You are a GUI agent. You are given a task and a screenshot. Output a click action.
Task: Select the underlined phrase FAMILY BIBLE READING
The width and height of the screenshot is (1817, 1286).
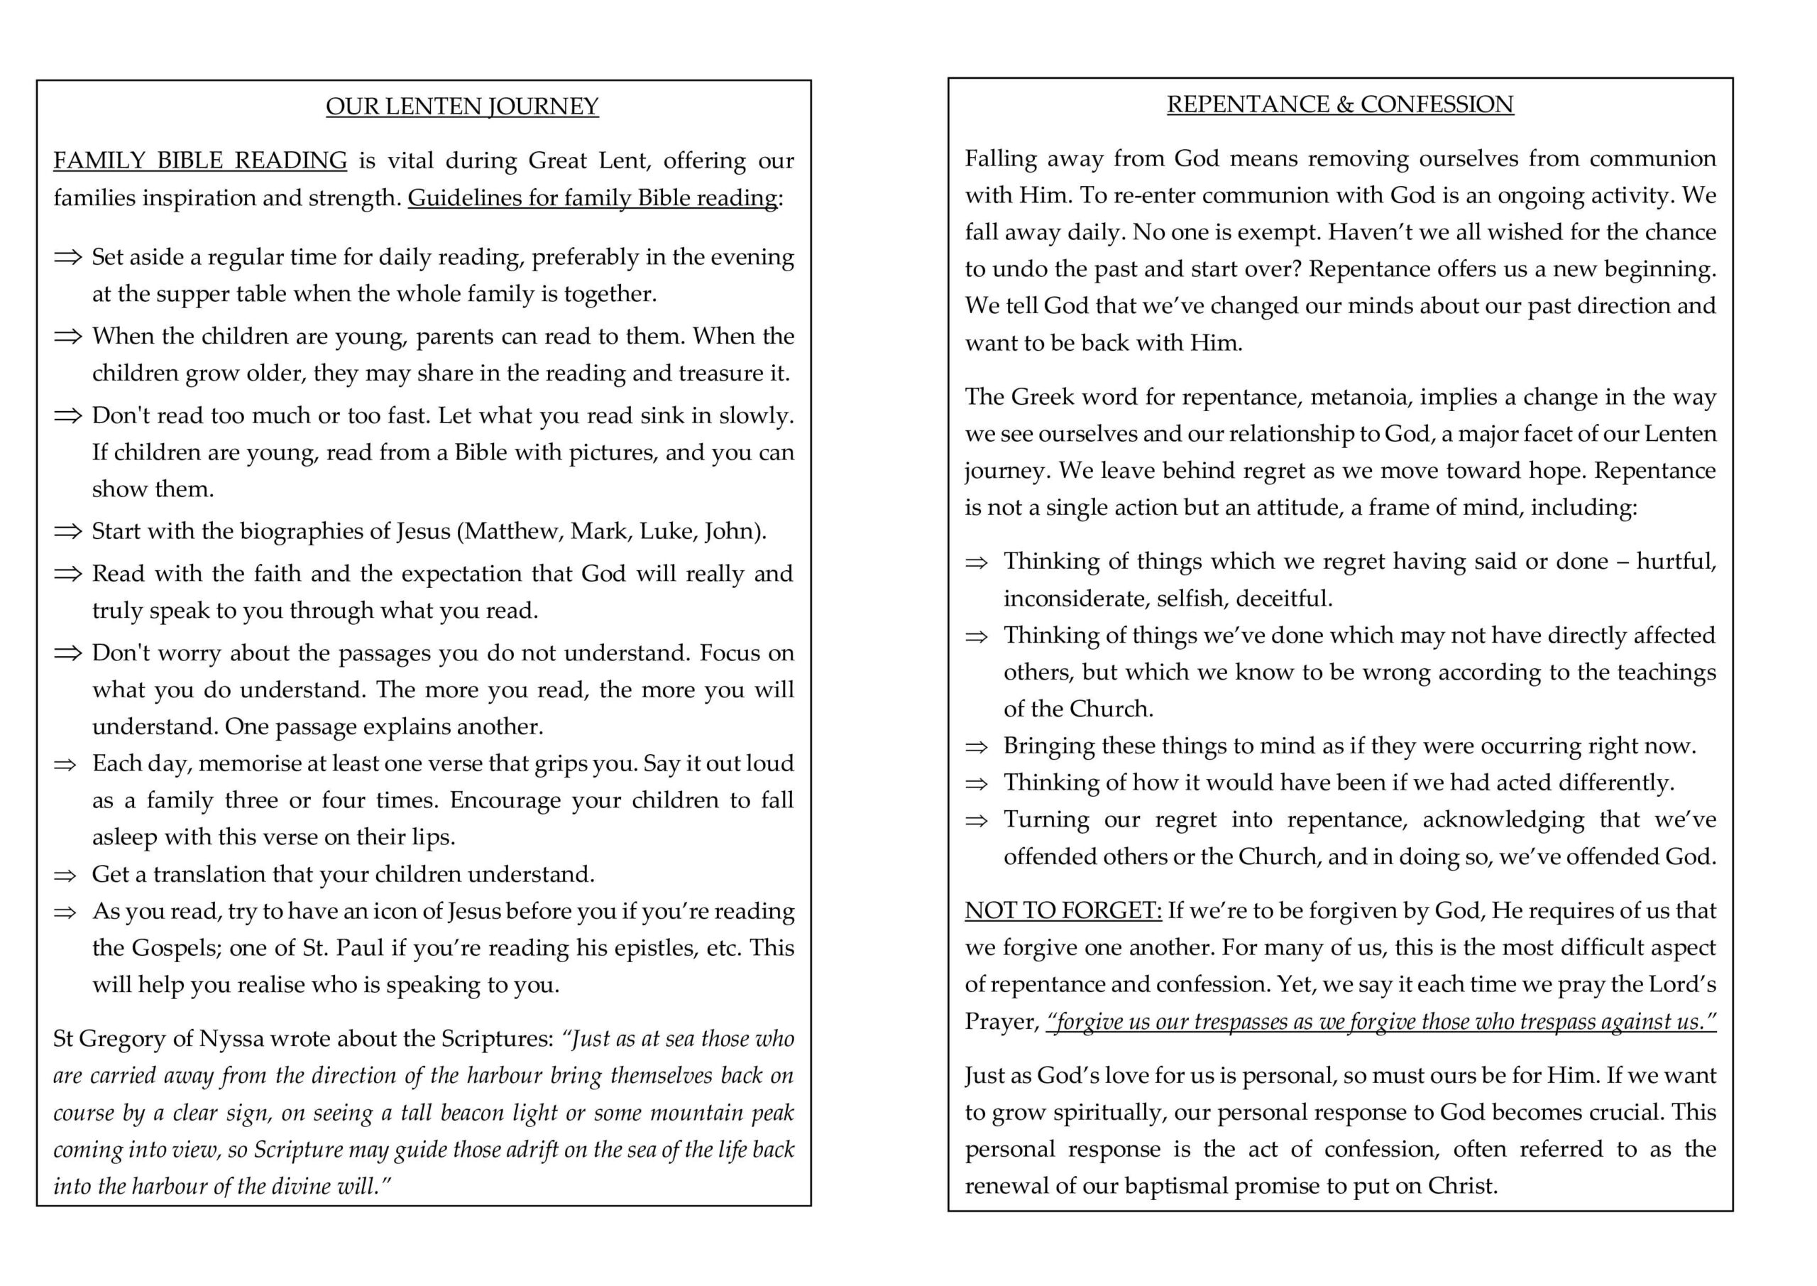pyautogui.click(x=200, y=160)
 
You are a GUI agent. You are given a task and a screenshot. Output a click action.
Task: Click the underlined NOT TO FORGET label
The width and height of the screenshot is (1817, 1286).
pyautogui.click(x=1063, y=910)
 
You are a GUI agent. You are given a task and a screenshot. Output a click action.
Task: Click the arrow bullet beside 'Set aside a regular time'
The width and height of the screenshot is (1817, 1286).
pyautogui.click(x=68, y=257)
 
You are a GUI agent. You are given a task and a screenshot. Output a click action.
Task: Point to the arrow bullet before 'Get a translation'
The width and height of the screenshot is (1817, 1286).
pyautogui.click(x=65, y=875)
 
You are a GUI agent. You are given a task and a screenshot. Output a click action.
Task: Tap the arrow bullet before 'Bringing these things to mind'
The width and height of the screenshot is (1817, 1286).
pyautogui.click(x=977, y=747)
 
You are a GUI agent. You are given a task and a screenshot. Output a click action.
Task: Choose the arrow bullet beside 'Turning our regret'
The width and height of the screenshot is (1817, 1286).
pyautogui.click(x=977, y=820)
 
